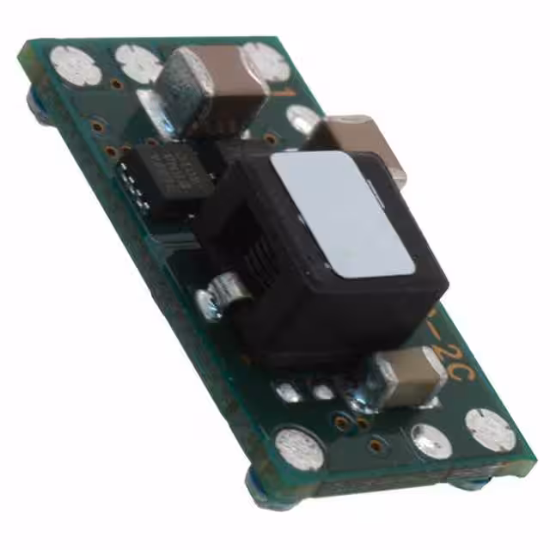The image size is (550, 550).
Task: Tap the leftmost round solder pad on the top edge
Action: (76, 65)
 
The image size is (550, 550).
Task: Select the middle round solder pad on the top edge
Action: (137, 62)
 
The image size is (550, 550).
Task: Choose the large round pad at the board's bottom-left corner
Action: (299, 447)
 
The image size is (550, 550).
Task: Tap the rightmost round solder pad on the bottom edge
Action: (490, 429)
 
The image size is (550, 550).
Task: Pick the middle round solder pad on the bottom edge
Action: (430, 440)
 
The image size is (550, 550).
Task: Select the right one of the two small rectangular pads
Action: (321, 392)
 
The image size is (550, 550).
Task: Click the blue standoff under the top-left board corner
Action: (36, 103)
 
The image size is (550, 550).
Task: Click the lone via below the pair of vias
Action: (374, 445)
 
